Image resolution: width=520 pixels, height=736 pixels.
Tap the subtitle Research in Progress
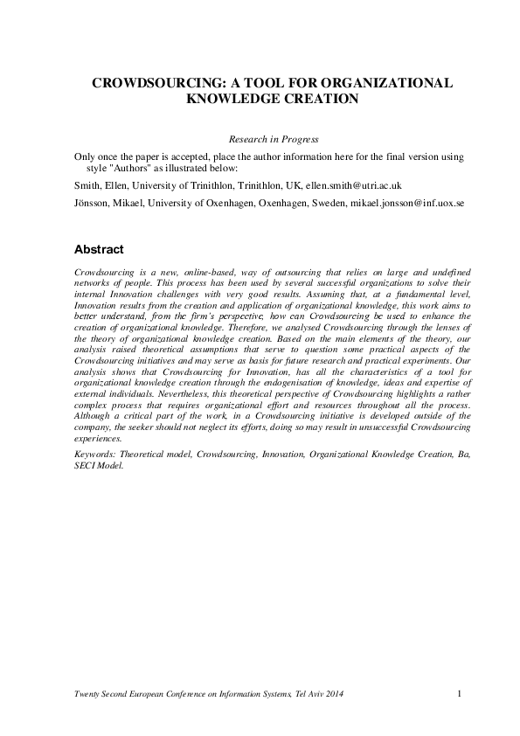(274, 139)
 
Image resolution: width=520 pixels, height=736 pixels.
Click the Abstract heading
(99, 249)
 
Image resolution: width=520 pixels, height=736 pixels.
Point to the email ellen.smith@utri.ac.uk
(347, 186)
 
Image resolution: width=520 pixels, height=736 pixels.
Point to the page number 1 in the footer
(459, 694)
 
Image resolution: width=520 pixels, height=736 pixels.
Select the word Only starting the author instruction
(86, 156)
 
